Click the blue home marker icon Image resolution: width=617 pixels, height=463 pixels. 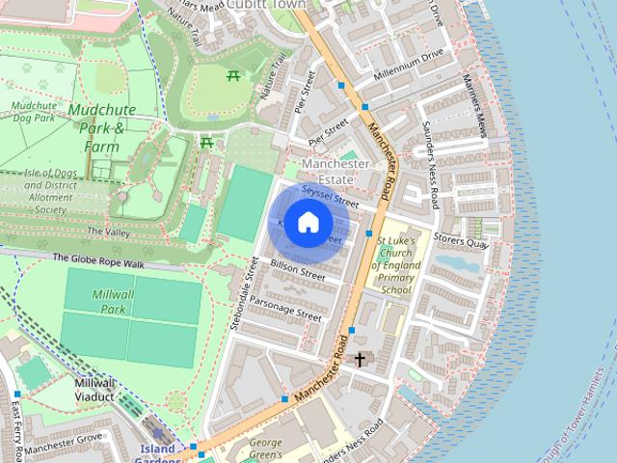point(308,223)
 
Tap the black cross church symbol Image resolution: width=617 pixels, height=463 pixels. point(360,360)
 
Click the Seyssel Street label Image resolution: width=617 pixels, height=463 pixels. point(330,197)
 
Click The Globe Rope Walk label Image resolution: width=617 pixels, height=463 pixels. point(97,259)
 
